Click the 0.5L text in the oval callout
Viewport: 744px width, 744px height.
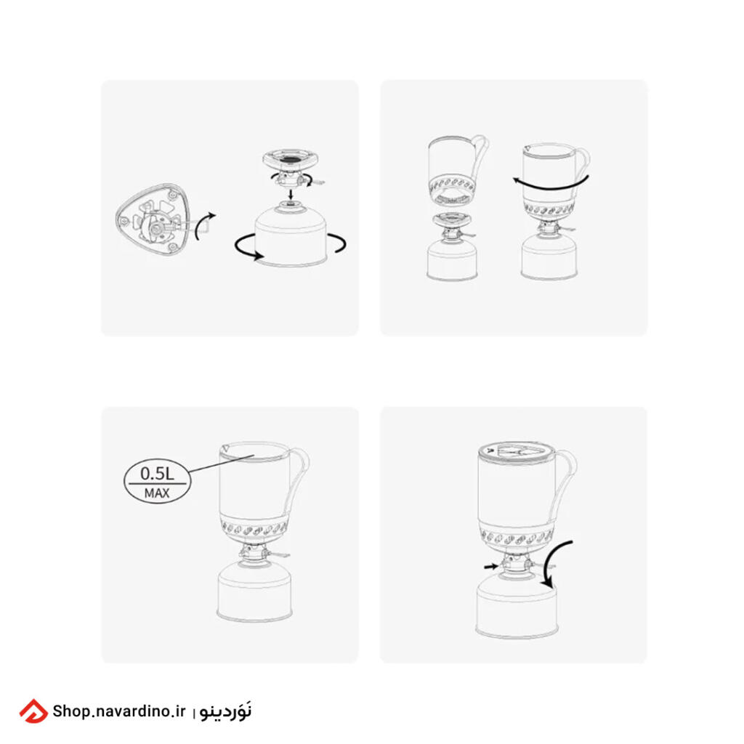[157, 474]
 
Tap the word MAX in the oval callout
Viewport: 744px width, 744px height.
[157, 493]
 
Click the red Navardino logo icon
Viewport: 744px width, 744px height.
[33, 711]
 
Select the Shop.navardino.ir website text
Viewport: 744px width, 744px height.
[118, 711]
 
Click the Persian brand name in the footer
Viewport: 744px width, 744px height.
[225, 711]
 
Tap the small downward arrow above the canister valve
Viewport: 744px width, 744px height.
[291, 195]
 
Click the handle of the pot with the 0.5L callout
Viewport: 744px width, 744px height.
[299, 480]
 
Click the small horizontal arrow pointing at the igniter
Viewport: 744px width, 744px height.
[491, 566]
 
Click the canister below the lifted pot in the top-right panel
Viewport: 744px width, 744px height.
[452, 259]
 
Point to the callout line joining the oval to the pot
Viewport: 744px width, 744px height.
[222, 464]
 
